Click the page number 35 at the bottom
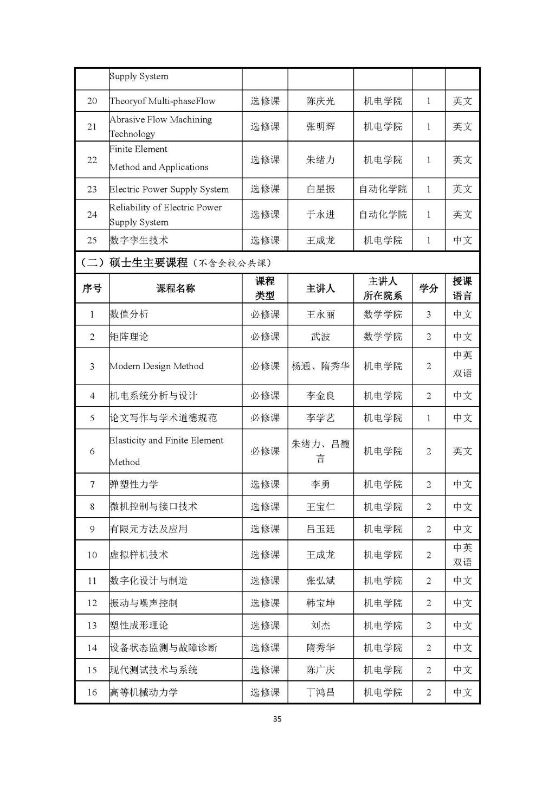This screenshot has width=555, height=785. pos(277,719)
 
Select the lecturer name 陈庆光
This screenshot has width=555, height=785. pos(320,101)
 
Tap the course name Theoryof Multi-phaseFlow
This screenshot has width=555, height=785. pos(163,101)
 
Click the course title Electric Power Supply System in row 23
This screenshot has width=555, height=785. pos(169,189)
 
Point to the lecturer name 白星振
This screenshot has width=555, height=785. pos(320,189)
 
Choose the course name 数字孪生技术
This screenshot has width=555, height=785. pos(139,240)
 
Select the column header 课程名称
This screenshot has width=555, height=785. pos(176,288)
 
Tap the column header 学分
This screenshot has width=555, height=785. pos(428,288)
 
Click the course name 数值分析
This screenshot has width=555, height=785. pos(129,314)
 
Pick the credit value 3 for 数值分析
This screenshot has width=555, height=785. pos(428,314)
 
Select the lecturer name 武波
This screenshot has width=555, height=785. pos(320,337)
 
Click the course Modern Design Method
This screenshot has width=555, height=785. pos(157,366)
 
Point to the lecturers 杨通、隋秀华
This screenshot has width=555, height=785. pos(320,366)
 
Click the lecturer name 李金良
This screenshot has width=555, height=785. pos(320,396)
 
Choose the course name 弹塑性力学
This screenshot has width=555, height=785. pos(134,485)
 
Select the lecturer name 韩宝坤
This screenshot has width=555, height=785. pos(320,603)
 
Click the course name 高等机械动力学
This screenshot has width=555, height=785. pos(144,692)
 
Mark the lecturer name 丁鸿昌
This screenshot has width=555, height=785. pos(320,692)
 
